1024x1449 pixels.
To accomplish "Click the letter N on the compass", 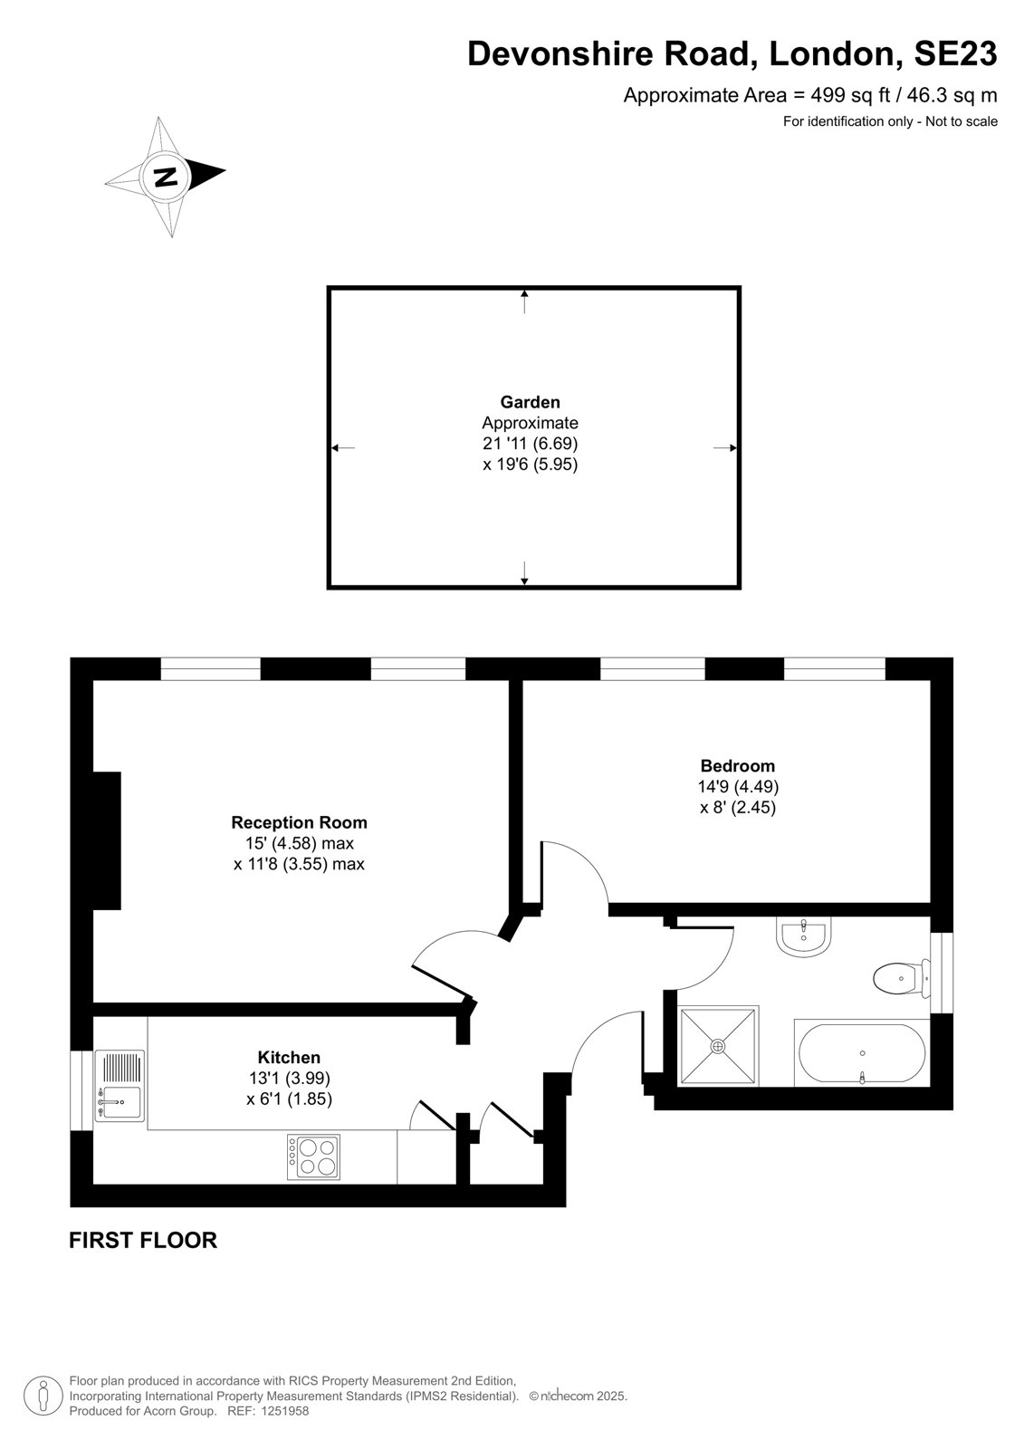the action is pos(167,176).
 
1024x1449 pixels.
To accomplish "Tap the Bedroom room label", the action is pos(737,766).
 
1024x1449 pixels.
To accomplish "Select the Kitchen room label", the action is pos(289,1058).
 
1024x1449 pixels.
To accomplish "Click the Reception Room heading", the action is pos(299,823).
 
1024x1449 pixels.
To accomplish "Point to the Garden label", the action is pos(530,402).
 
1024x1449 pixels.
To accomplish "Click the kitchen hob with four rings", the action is pos(314,1156).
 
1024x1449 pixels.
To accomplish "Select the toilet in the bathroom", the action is pos(901,978).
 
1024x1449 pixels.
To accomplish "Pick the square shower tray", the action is pos(718,1046).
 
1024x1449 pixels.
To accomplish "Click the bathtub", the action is pos(862,1054).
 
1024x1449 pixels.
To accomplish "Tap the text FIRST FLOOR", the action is pos(143,1240).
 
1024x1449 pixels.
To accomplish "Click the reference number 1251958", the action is pos(283,1411).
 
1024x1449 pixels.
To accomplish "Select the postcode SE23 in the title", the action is pos(955,53).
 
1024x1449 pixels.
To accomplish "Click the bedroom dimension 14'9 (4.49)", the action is pos(737,787).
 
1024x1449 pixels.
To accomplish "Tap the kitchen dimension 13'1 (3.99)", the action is pos(289,1079).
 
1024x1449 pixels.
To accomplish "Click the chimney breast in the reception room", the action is pos(107,840).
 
